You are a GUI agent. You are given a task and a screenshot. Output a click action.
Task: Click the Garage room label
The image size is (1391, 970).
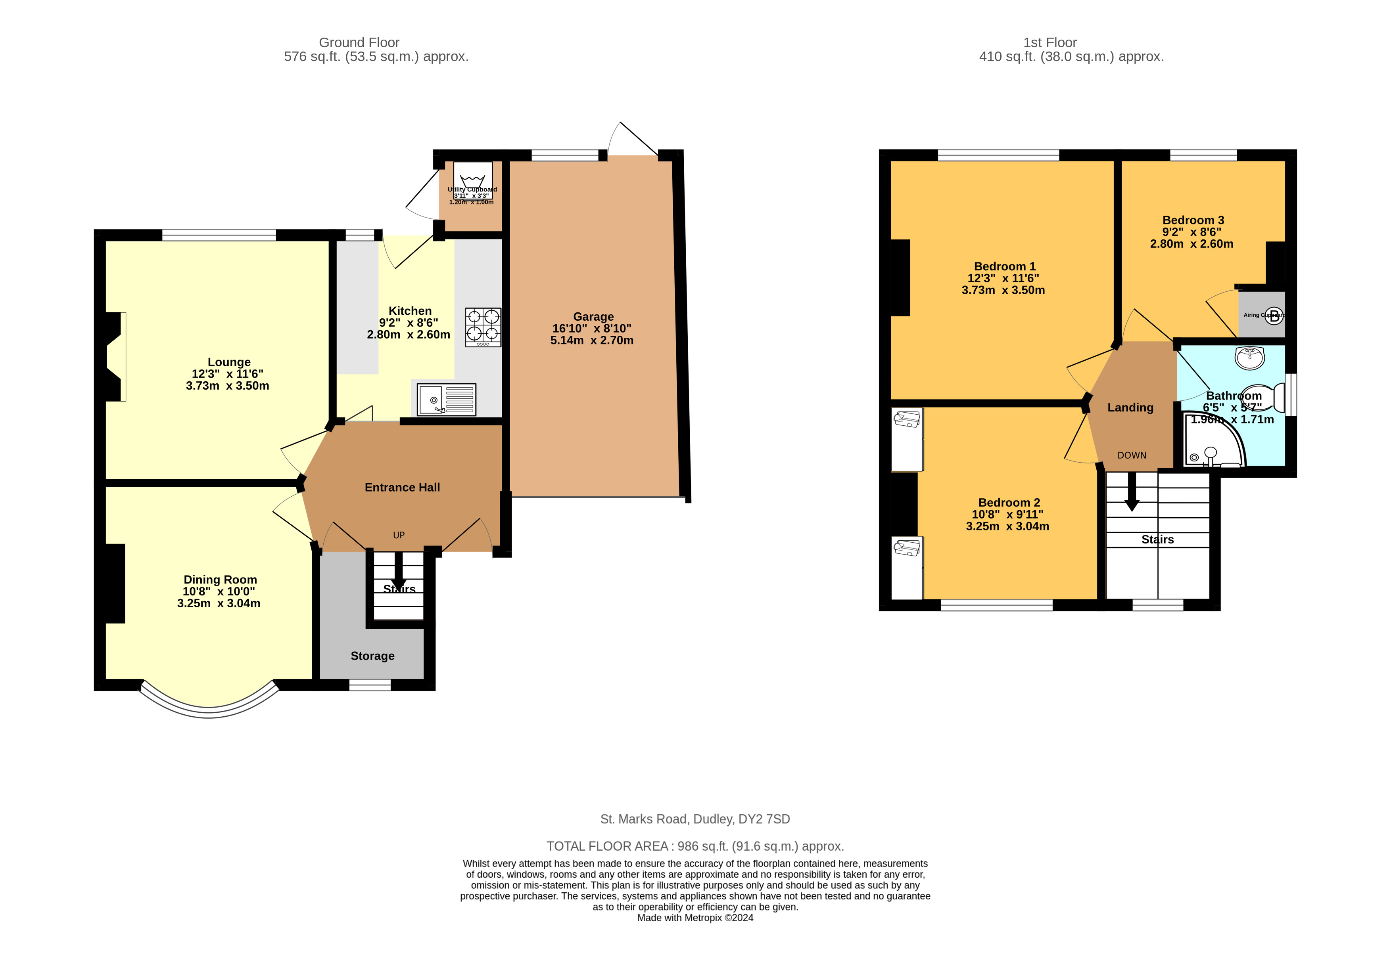pos(593,317)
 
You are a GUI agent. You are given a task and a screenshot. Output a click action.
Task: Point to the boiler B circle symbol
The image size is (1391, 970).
pos(1274,315)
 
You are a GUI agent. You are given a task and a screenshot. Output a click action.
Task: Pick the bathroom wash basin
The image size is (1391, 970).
pos(1249,358)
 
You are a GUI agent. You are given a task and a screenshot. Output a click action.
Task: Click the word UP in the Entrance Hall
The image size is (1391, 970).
pos(399,535)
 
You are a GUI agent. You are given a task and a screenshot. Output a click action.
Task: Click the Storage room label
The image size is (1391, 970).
pos(372,656)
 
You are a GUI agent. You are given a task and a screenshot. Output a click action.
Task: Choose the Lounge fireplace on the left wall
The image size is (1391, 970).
pos(115,357)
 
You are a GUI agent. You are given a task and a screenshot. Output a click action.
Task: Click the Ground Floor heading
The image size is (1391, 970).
pos(359,42)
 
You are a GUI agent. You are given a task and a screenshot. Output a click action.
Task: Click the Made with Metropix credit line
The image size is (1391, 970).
pos(695,917)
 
